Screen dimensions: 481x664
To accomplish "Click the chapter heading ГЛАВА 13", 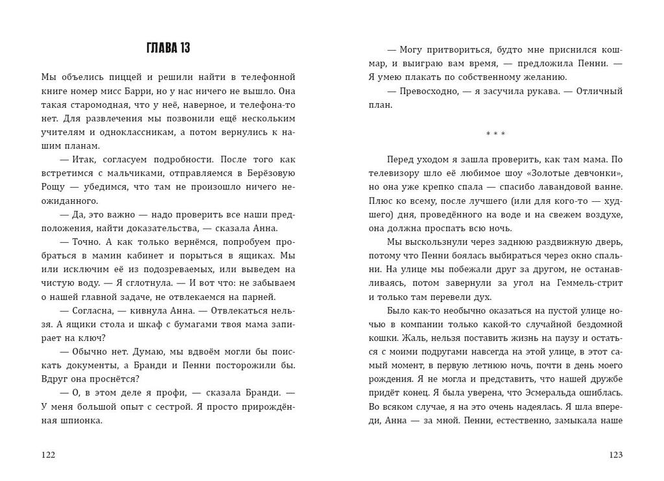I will [168, 48].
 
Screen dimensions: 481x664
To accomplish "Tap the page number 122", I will [48, 455].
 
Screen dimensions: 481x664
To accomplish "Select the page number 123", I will [615, 455].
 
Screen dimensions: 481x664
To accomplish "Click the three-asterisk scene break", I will [495, 134].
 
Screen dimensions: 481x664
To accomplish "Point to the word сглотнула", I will [145, 283].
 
